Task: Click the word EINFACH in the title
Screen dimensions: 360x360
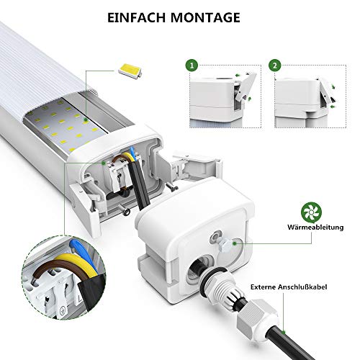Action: coord(136,17)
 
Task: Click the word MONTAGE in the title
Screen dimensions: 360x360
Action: coord(205,17)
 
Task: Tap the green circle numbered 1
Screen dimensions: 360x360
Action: coord(192,66)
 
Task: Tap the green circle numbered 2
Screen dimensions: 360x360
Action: coord(275,66)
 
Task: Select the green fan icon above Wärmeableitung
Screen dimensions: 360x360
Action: coord(311,212)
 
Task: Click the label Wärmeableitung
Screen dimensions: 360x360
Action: coord(315,227)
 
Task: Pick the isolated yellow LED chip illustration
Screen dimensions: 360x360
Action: coord(130,71)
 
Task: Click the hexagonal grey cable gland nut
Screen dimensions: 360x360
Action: coord(257,316)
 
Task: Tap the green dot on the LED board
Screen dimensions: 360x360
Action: coord(85,120)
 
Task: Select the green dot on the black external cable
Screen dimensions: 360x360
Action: coord(284,333)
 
